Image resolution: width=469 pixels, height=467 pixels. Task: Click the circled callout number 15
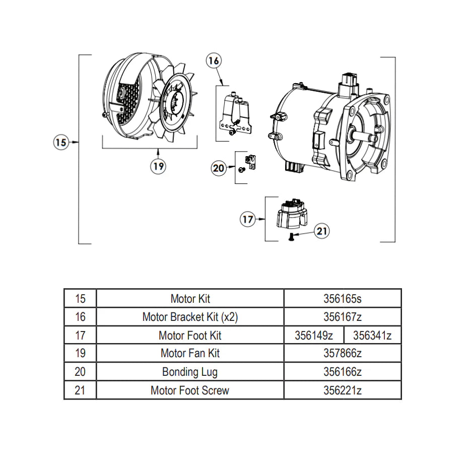coord(60,143)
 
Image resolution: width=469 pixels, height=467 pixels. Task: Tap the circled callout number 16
coord(214,61)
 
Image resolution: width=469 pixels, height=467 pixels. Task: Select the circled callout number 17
coord(247,220)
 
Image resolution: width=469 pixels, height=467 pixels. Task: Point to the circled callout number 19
coord(159,166)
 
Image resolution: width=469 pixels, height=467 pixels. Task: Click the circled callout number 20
coord(219,168)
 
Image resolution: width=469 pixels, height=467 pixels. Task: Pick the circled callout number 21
coord(322,231)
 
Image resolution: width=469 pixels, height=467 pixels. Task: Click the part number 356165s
coord(342,298)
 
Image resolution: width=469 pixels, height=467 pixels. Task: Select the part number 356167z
coord(342,317)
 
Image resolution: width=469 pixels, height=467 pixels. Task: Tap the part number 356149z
coord(313,335)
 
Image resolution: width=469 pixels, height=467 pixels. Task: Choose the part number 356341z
coord(372,335)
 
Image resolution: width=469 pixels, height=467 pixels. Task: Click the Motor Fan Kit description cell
coord(190,353)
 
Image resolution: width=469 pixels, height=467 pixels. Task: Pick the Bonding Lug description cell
coord(190,372)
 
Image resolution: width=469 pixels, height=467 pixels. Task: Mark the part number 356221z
coord(342,390)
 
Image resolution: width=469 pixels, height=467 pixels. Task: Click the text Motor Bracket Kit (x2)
coord(190,317)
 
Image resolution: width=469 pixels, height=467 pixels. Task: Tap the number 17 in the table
coord(80,335)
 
